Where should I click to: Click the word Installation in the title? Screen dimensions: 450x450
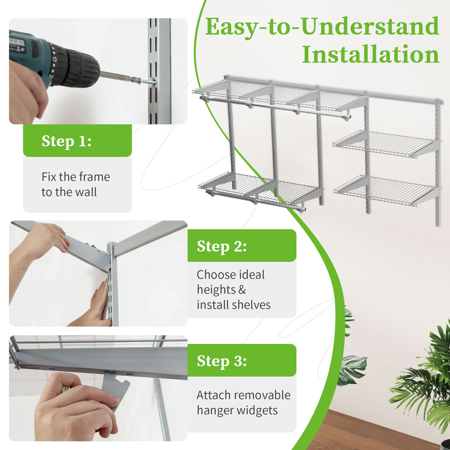[x=370, y=54]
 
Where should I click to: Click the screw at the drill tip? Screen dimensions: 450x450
[x=148, y=82]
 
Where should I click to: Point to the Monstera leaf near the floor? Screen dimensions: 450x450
[x=352, y=369]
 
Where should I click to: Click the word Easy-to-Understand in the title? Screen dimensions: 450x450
[x=322, y=27]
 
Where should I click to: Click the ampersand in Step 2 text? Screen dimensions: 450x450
[x=242, y=290]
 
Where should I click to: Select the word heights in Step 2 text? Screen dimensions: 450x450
[x=216, y=290]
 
